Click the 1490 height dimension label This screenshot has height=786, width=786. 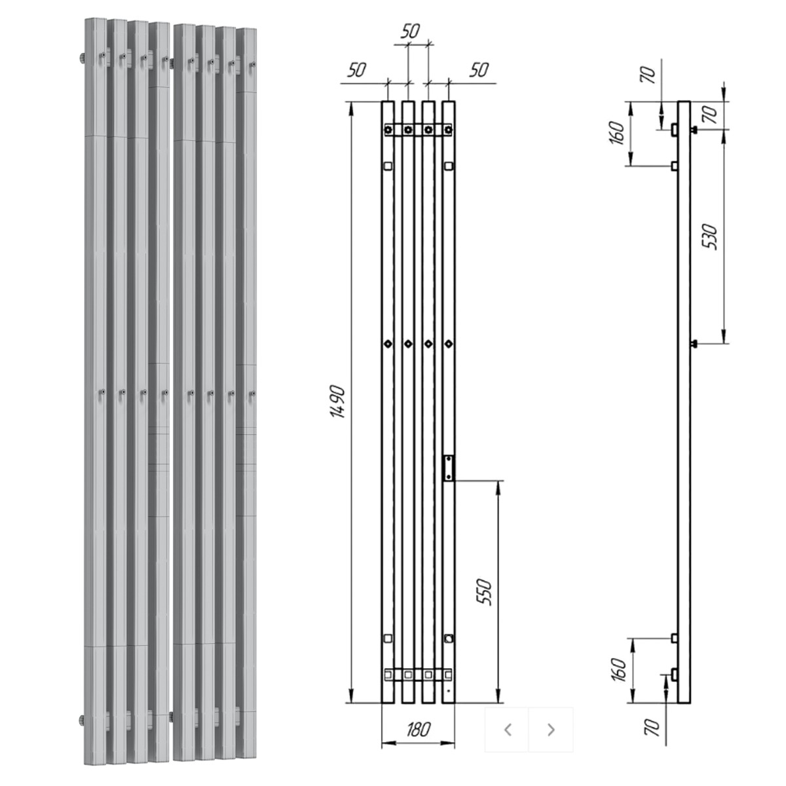click(338, 402)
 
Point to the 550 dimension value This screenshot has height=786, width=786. click(485, 592)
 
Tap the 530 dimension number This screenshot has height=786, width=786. click(710, 236)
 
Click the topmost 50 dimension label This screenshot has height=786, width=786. click(410, 31)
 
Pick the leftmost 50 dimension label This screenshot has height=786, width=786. click(357, 70)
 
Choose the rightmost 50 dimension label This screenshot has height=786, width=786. click(479, 70)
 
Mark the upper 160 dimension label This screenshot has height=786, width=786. click(618, 133)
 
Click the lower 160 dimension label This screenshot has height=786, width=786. click(618, 670)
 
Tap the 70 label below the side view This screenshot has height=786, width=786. click(652, 728)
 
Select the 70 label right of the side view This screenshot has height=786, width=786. click(710, 115)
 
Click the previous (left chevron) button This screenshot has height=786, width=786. click(508, 730)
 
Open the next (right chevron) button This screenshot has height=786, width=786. click(551, 730)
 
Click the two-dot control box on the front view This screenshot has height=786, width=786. click(448, 468)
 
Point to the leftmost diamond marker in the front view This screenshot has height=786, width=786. click(388, 344)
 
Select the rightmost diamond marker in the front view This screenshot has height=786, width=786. click(449, 344)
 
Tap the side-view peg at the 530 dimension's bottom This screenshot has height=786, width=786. click(694, 345)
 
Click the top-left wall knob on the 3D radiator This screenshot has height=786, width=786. click(82, 58)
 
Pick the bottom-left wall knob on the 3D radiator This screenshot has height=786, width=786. click(82, 720)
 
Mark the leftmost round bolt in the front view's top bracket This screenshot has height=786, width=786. click(388, 130)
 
